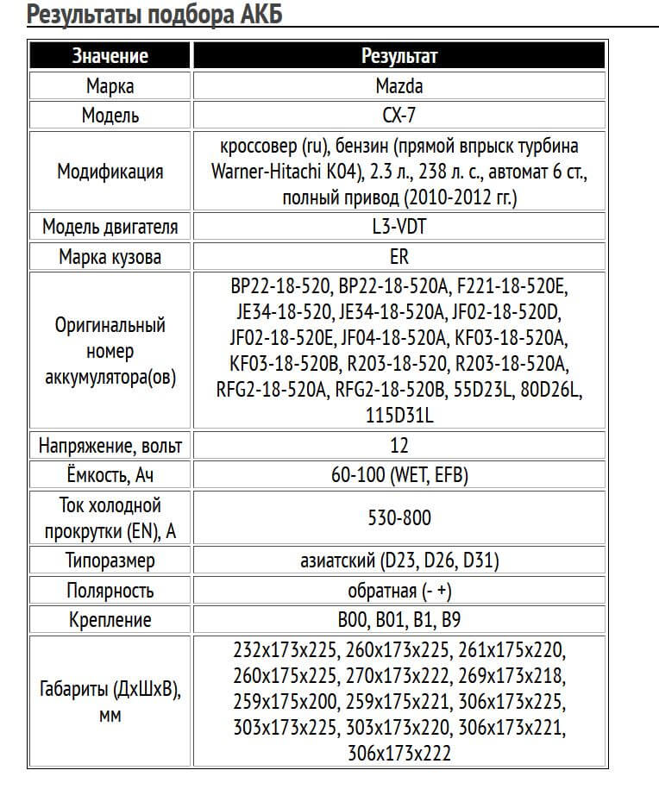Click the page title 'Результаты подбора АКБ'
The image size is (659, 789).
coord(154,16)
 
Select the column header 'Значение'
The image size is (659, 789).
coord(110,56)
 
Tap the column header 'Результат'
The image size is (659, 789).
coord(399,56)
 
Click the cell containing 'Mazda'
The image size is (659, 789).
coord(399,85)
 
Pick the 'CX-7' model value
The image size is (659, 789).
coord(399,115)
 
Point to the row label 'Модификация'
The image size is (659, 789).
coord(110,171)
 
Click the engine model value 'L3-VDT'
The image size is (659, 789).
coord(399,227)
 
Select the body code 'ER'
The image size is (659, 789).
coord(399,256)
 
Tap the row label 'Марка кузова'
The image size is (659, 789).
coord(110,256)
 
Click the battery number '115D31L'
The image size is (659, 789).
coord(399,416)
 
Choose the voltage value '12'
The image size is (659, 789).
coord(399,445)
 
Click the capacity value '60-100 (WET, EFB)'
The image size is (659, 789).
coord(399,474)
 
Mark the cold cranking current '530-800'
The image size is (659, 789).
coord(399,517)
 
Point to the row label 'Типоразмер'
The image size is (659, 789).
coord(110,560)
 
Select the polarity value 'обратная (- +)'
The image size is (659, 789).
coord(399,590)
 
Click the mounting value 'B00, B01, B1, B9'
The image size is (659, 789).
coord(399,619)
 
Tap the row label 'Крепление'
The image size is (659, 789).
coord(110,619)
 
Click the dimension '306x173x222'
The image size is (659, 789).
coord(399,753)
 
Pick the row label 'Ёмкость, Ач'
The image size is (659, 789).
coord(110,474)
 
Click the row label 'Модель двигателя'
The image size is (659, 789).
coord(110,227)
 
